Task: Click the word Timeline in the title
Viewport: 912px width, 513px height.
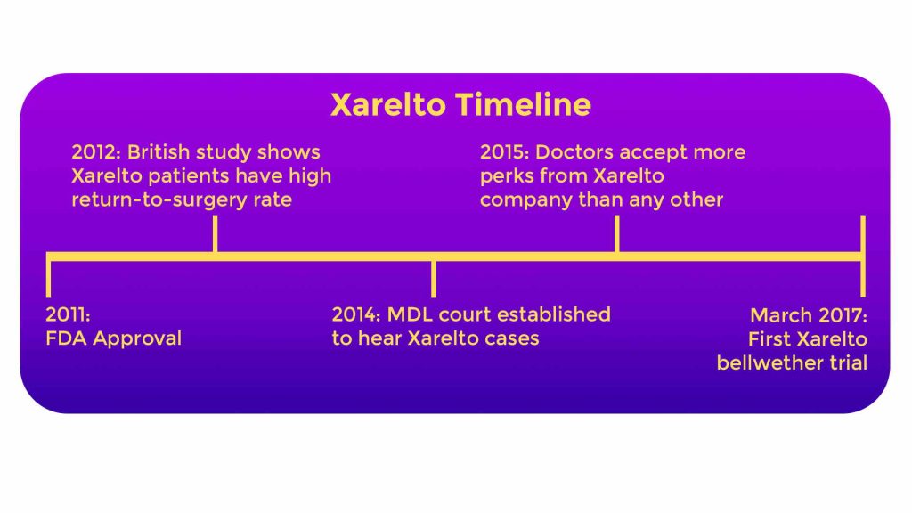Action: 524,105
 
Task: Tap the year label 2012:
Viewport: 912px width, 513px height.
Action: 96,151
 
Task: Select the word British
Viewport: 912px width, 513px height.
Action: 159,151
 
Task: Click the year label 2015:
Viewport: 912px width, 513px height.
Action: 504,151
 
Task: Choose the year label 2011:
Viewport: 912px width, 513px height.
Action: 68,314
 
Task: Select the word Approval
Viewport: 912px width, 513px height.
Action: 137,339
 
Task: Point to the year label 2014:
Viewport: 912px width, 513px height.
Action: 356,314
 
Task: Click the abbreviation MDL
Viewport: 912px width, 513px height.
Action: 410,314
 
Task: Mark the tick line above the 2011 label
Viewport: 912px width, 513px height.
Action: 48,279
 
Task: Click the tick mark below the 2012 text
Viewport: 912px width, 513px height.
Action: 216,234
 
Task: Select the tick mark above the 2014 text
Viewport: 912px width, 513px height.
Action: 434,279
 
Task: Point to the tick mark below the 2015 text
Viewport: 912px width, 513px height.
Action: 616,234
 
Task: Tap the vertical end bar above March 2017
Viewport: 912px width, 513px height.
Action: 863,256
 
